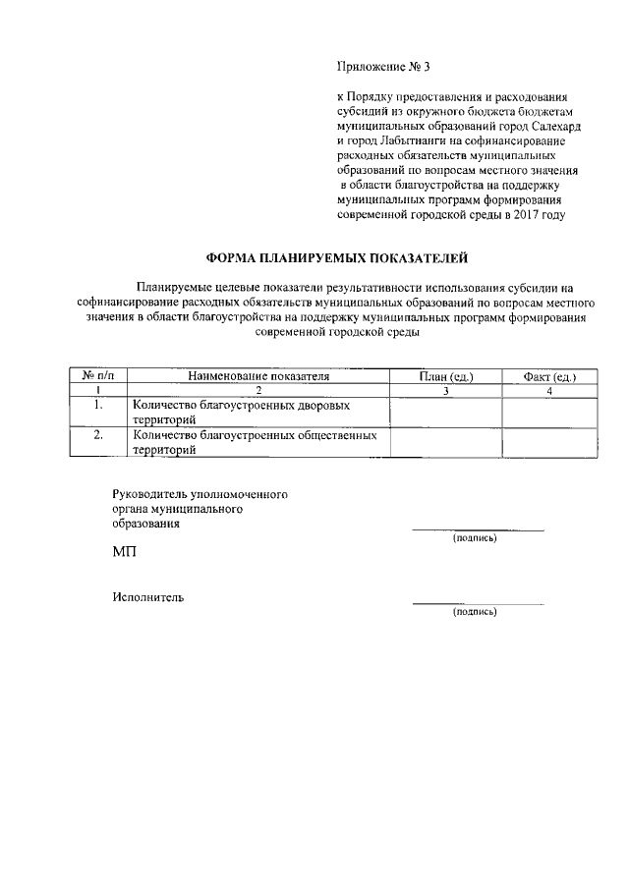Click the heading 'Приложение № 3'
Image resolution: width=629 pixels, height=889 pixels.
(x=383, y=68)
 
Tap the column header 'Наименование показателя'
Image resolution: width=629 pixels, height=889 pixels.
(x=258, y=376)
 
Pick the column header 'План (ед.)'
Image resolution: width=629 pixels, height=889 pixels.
(x=446, y=376)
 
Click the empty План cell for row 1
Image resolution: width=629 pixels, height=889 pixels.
(x=446, y=412)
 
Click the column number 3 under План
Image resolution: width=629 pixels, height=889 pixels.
(x=446, y=391)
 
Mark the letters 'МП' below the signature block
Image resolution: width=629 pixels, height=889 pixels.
(x=124, y=554)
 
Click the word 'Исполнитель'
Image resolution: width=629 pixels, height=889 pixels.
(x=147, y=597)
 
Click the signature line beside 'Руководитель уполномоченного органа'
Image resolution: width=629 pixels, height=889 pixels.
(x=478, y=529)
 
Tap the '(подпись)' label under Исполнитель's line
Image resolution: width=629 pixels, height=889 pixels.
(x=474, y=612)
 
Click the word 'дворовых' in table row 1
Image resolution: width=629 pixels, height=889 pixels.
(x=351, y=405)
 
